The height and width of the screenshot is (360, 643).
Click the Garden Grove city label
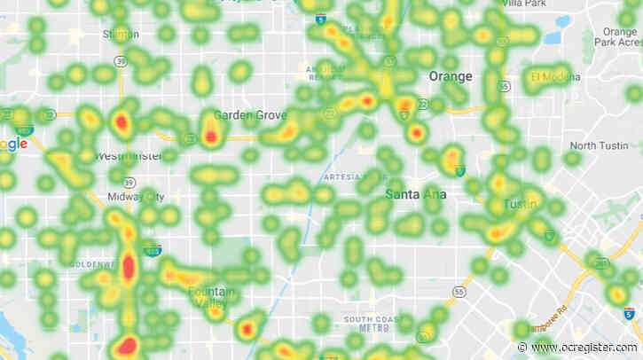(x=251, y=115)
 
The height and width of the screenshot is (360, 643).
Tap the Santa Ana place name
(x=415, y=192)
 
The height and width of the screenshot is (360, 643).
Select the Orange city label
(x=450, y=76)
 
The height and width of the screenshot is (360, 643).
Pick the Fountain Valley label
(x=213, y=294)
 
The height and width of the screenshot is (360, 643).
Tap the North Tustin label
(x=599, y=145)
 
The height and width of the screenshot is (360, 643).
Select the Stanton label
(x=120, y=35)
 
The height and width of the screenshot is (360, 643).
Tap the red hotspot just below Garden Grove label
(x=211, y=137)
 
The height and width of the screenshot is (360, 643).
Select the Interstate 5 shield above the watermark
(x=628, y=314)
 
